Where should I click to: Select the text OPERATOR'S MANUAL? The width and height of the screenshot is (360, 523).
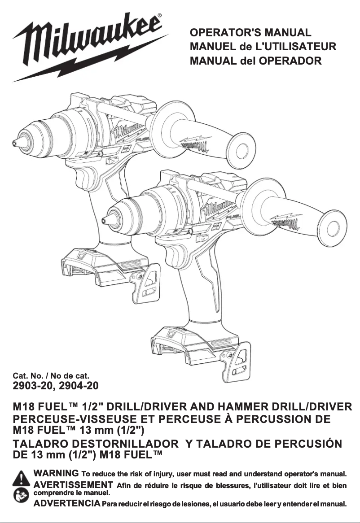[250, 33]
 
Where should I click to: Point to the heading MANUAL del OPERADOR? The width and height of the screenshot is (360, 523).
[255, 60]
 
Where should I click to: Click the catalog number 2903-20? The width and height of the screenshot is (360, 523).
[32, 385]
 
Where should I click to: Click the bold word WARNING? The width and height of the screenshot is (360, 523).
[57, 473]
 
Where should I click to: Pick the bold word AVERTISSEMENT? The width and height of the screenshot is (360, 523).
[73, 484]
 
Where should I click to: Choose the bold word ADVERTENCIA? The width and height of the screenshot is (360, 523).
[67, 503]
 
